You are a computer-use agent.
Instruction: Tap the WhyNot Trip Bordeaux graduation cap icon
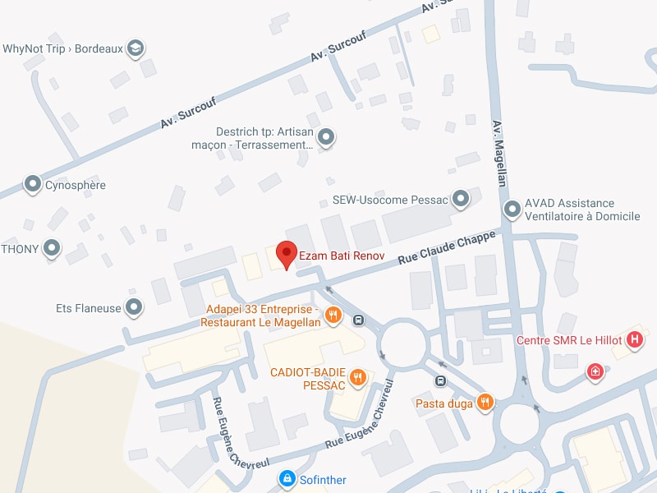tap(136, 48)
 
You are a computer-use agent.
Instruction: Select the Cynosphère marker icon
tap(33, 184)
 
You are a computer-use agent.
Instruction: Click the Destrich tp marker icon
tap(327, 136)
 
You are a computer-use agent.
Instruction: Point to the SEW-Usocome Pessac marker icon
tap(462, 199)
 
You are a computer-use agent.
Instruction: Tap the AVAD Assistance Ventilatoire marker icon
tap(512, 209)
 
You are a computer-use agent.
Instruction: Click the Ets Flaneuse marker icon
tap(135, 308)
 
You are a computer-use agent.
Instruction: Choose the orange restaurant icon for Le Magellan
tap(333, 314)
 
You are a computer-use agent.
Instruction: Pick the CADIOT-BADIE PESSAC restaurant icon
tap(357, 377)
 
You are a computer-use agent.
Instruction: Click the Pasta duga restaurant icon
tap(485, 402)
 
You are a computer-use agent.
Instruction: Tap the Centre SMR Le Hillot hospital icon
tap(634, 339)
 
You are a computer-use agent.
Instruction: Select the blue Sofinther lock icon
tap(287, 478)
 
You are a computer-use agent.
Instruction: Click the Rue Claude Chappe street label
tap(447, 247)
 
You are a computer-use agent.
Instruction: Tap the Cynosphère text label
tap(76, 185)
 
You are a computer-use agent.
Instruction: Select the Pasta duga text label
tap(443, 403)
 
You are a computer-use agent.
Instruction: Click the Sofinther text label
tap(324, 479)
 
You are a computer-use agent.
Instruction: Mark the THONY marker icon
tap(53, 247)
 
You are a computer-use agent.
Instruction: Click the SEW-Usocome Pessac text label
tap(390, 200)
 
